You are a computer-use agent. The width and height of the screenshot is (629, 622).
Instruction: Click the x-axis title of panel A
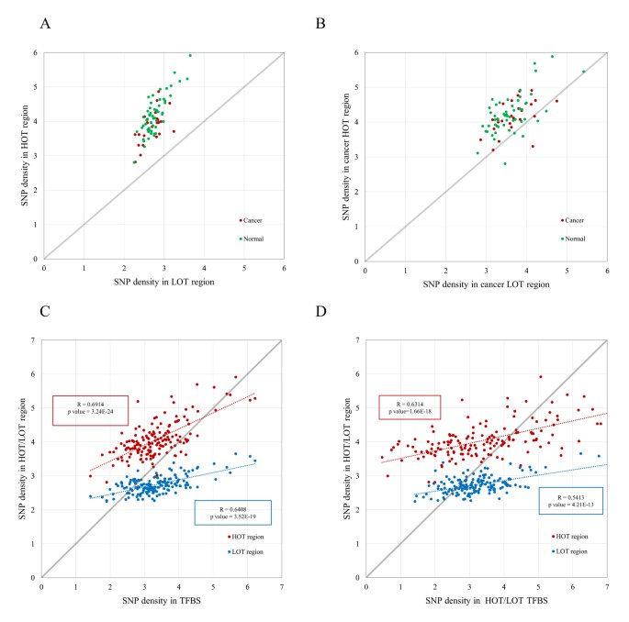[164, 285]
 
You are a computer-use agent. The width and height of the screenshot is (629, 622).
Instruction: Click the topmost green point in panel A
[190, 55]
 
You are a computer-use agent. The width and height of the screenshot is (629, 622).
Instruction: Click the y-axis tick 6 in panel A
[35, 52]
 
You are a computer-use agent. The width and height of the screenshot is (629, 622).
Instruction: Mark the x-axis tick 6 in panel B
[607, 270]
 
